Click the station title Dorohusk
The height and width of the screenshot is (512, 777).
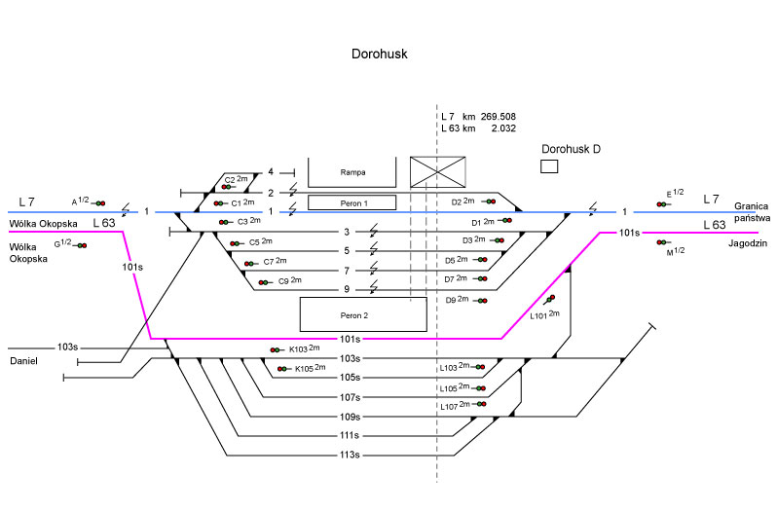point(378,55)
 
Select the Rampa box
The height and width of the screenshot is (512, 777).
point(352,171)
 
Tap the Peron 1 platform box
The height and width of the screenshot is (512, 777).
point(352,202)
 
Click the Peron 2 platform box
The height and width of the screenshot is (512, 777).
point(362,314)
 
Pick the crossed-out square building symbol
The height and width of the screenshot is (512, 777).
point(437,171)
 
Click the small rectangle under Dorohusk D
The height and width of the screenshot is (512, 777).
point(549,166)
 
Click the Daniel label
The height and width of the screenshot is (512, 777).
point(24,361)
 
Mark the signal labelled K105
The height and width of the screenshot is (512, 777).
point(283,369)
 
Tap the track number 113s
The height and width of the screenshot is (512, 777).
point(350,456)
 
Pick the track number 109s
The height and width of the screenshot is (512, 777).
point(350,417)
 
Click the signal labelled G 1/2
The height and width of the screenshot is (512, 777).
point(82,245)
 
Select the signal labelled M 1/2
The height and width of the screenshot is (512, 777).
point(662,241)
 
